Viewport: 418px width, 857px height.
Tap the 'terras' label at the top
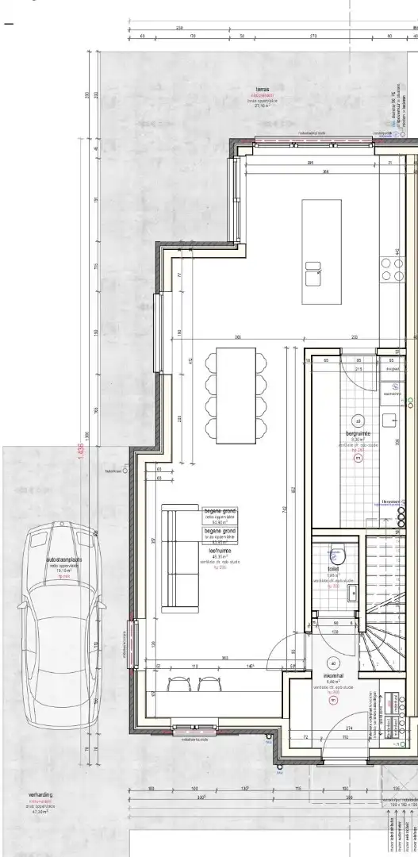tap(262, 89)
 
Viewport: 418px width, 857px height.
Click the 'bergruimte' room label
tap(358, 434)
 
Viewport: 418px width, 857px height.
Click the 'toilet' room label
tap(333, 570)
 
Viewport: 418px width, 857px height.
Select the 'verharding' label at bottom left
tap(40, 794)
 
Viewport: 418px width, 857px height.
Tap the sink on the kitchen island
tap(313, 274)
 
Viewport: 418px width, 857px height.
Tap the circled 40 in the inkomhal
tap(333, 663)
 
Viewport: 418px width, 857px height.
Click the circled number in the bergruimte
tap(358, 421)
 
